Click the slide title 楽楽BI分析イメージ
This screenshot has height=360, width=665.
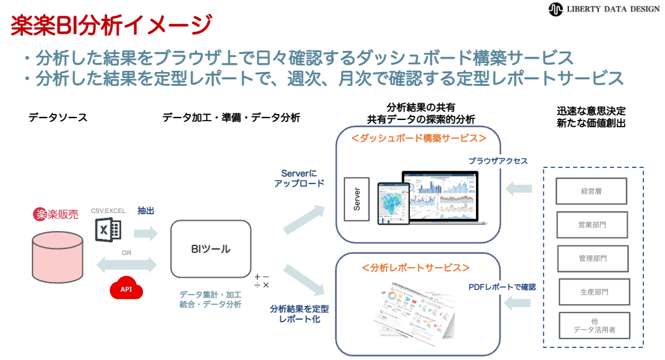(111, 25)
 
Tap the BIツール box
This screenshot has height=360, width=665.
(211, 248)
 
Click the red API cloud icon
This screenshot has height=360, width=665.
(127, 289)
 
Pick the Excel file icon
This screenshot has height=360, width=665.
(108, 230)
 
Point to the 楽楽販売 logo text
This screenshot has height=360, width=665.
(56, 214)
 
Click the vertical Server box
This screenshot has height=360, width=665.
(357, 199)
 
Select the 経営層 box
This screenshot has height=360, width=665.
(591, 191)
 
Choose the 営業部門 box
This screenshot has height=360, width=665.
(592, 225)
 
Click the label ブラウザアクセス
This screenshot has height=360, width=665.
(498, 161)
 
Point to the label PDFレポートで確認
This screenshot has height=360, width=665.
(502, 287)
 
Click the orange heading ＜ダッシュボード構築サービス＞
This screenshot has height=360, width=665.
(418, 138)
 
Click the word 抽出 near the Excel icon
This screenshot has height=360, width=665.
(146, 211)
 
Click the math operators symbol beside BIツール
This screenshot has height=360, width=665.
(262, 281)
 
